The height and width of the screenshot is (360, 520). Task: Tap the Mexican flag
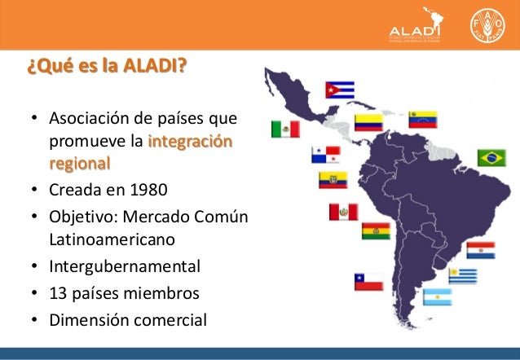tap(286, 130)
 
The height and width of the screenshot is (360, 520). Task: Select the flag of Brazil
tap(491, 157)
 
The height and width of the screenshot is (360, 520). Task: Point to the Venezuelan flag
tap(423, 119)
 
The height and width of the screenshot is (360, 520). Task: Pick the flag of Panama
tap(325, 154)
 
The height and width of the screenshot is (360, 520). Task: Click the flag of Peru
tap(343, 212)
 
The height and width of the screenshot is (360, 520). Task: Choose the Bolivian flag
tap(375, 230)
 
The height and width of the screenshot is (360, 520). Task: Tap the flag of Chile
tap(368, 281)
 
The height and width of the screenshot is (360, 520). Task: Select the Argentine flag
tap(437, 296)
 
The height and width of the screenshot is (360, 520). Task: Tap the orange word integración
tap(190, 144)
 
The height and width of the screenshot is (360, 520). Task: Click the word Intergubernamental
tap(125, 266)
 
